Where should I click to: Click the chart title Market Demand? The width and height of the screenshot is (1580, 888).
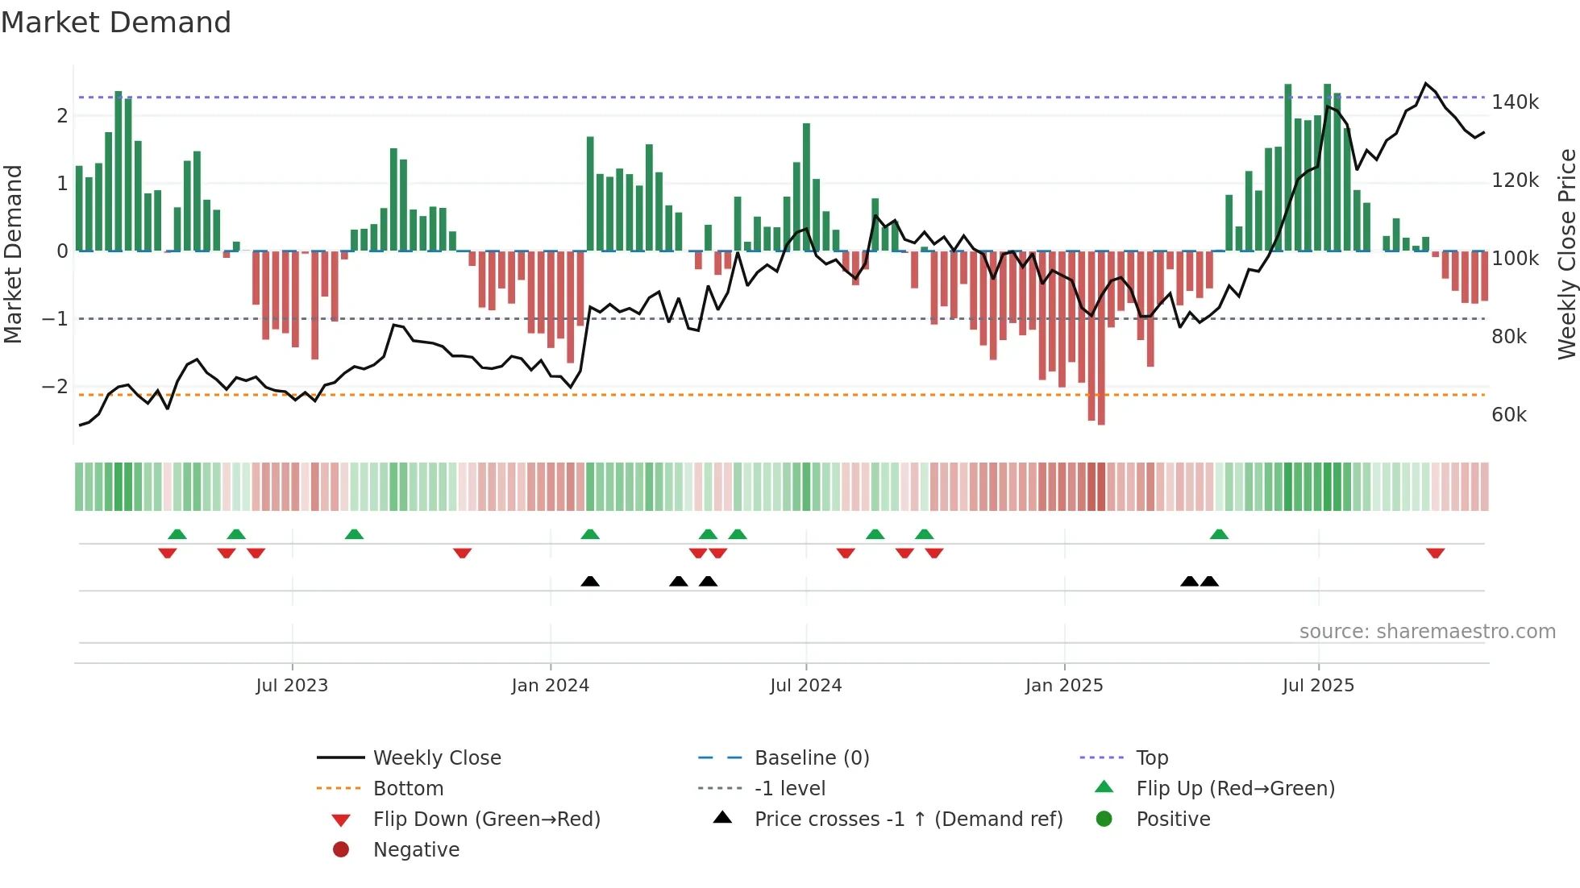coord(116,23)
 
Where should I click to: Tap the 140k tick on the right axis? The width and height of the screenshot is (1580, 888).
coord(1514,102)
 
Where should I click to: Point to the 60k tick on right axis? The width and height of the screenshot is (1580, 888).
coord(1508,415)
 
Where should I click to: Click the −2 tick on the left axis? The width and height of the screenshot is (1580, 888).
coord(55,387)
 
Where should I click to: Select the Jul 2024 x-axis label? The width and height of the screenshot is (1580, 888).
coord(805,686)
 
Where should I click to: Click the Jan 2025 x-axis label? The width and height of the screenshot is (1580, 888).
coord(1063,686)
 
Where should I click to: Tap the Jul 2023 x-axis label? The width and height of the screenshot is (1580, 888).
coord(292,686)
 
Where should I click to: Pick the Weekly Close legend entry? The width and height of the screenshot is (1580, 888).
coord(436,758)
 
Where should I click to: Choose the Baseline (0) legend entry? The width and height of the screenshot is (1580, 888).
coord(811,758)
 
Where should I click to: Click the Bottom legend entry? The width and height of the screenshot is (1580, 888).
coord(408,789)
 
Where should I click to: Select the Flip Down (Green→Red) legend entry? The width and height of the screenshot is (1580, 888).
coord(486,820)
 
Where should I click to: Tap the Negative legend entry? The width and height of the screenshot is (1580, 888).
coord(416,850)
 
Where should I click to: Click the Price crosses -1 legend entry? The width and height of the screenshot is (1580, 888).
coord(908,820)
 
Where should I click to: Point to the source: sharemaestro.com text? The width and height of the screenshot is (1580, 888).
coord(1427,632)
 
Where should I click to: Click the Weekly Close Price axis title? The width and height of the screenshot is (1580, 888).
coord(1566,254)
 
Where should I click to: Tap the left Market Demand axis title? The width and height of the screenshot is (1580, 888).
coord(13,254)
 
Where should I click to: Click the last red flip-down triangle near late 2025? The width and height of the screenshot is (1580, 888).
coord(1435,553)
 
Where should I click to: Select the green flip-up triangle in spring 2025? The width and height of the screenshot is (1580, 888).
coord(1219,534)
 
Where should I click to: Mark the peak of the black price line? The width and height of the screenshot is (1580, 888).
coord(1425,84)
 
